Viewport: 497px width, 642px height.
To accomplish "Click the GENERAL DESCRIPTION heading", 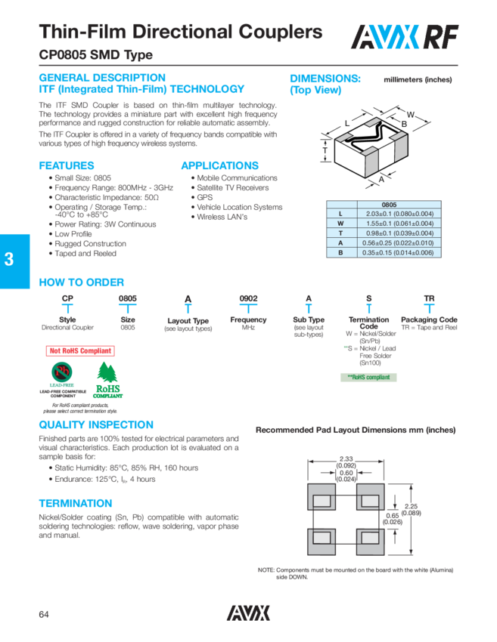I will [101, 78].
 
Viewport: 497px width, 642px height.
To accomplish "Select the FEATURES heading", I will [66, 165].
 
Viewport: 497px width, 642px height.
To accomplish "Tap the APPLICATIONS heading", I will [219, 165].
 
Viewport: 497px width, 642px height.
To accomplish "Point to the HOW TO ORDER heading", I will [81, 282].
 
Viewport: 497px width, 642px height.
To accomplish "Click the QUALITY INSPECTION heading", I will [95, 425].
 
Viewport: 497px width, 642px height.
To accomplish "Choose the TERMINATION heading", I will [75, 503].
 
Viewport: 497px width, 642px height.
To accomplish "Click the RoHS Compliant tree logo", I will [107, 381].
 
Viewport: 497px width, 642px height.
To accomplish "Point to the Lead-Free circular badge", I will [62, 373].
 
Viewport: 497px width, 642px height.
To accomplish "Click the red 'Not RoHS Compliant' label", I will [80, 350].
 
